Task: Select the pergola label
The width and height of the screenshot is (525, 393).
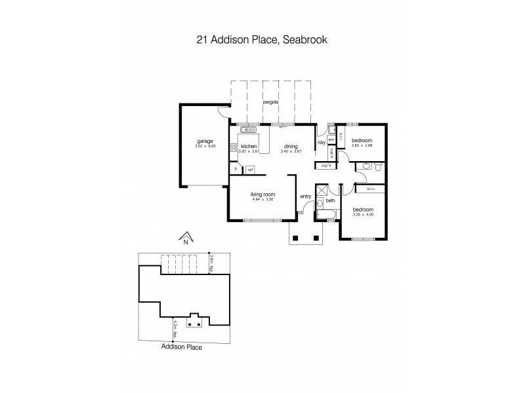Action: (271, 103)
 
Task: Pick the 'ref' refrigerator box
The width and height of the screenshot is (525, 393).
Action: (250, 170)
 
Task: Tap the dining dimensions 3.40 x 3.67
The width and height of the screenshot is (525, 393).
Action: (291, 152)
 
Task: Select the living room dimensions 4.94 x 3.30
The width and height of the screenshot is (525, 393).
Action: (262, 200)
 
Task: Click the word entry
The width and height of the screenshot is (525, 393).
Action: (306, 196)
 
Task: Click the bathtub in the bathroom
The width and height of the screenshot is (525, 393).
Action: (327, 215)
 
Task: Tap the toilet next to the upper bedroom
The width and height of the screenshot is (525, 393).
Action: (378, 168)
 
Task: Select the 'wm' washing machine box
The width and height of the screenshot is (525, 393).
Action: (332, 139)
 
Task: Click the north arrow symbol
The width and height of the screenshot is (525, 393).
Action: (186, 237)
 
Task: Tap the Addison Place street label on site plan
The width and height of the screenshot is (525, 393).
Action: (182, 347)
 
